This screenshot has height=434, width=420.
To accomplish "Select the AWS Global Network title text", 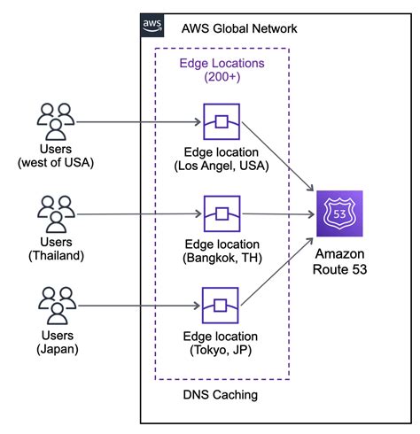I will tap(238, 28).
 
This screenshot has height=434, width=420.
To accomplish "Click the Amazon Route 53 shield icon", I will tap(338, 215).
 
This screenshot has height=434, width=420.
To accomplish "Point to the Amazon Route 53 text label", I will tap(338, 261).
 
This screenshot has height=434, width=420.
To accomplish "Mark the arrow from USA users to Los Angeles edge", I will tap(137, 122).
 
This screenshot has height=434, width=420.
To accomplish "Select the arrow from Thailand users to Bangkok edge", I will tap(137, 214).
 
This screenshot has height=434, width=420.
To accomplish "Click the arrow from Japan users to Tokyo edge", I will tap(137, 306).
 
